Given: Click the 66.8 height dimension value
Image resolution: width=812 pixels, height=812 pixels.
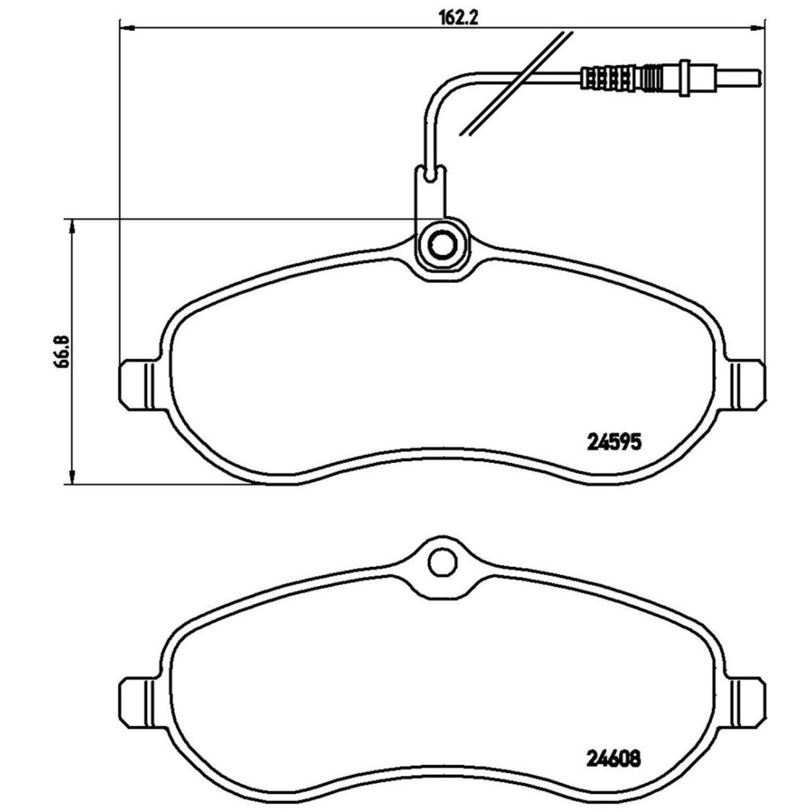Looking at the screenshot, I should [x=61, y=352].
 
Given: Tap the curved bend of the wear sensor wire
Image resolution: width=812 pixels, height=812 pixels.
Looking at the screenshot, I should [x=441, y=90].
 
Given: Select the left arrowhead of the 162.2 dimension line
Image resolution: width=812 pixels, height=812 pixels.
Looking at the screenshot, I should [x=127, y=27].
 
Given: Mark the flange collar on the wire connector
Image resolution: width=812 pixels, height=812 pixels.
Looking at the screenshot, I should [x=685, y=76].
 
